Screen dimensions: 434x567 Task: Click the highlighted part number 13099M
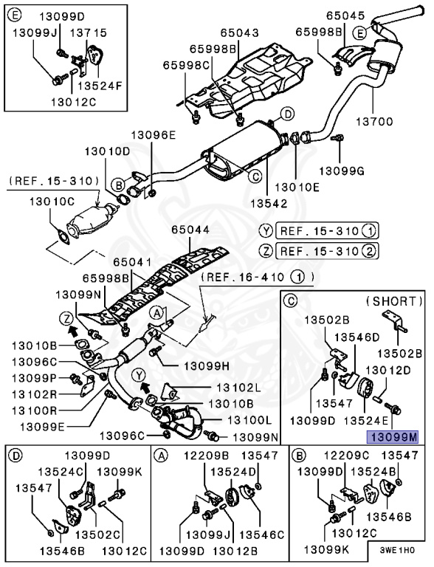(x=393, y=437)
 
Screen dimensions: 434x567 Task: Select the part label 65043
(x=240, y=33)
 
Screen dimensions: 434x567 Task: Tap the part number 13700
(x=374, y=122)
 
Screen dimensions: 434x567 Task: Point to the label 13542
(x=269, y=203)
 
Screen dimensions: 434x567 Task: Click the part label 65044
(x=190, y=230)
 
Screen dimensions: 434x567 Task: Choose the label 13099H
(x=207, y=366)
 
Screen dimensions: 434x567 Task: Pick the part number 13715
(x=89, y=33)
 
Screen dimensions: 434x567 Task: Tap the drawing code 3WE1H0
(x=397, y=550)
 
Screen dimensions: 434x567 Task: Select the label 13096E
(x=153, y=135)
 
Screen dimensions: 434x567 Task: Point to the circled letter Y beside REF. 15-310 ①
(x=266, y=230)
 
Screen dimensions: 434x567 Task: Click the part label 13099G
(x=342, y=171)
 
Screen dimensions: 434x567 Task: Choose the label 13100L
(x=249, y=420)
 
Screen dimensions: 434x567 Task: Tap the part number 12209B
(x=206, y=456)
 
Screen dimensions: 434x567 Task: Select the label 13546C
(x=262, y=535)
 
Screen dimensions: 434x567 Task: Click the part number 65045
(x=345, y=16)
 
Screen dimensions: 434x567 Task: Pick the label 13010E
(x=297, y=188)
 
